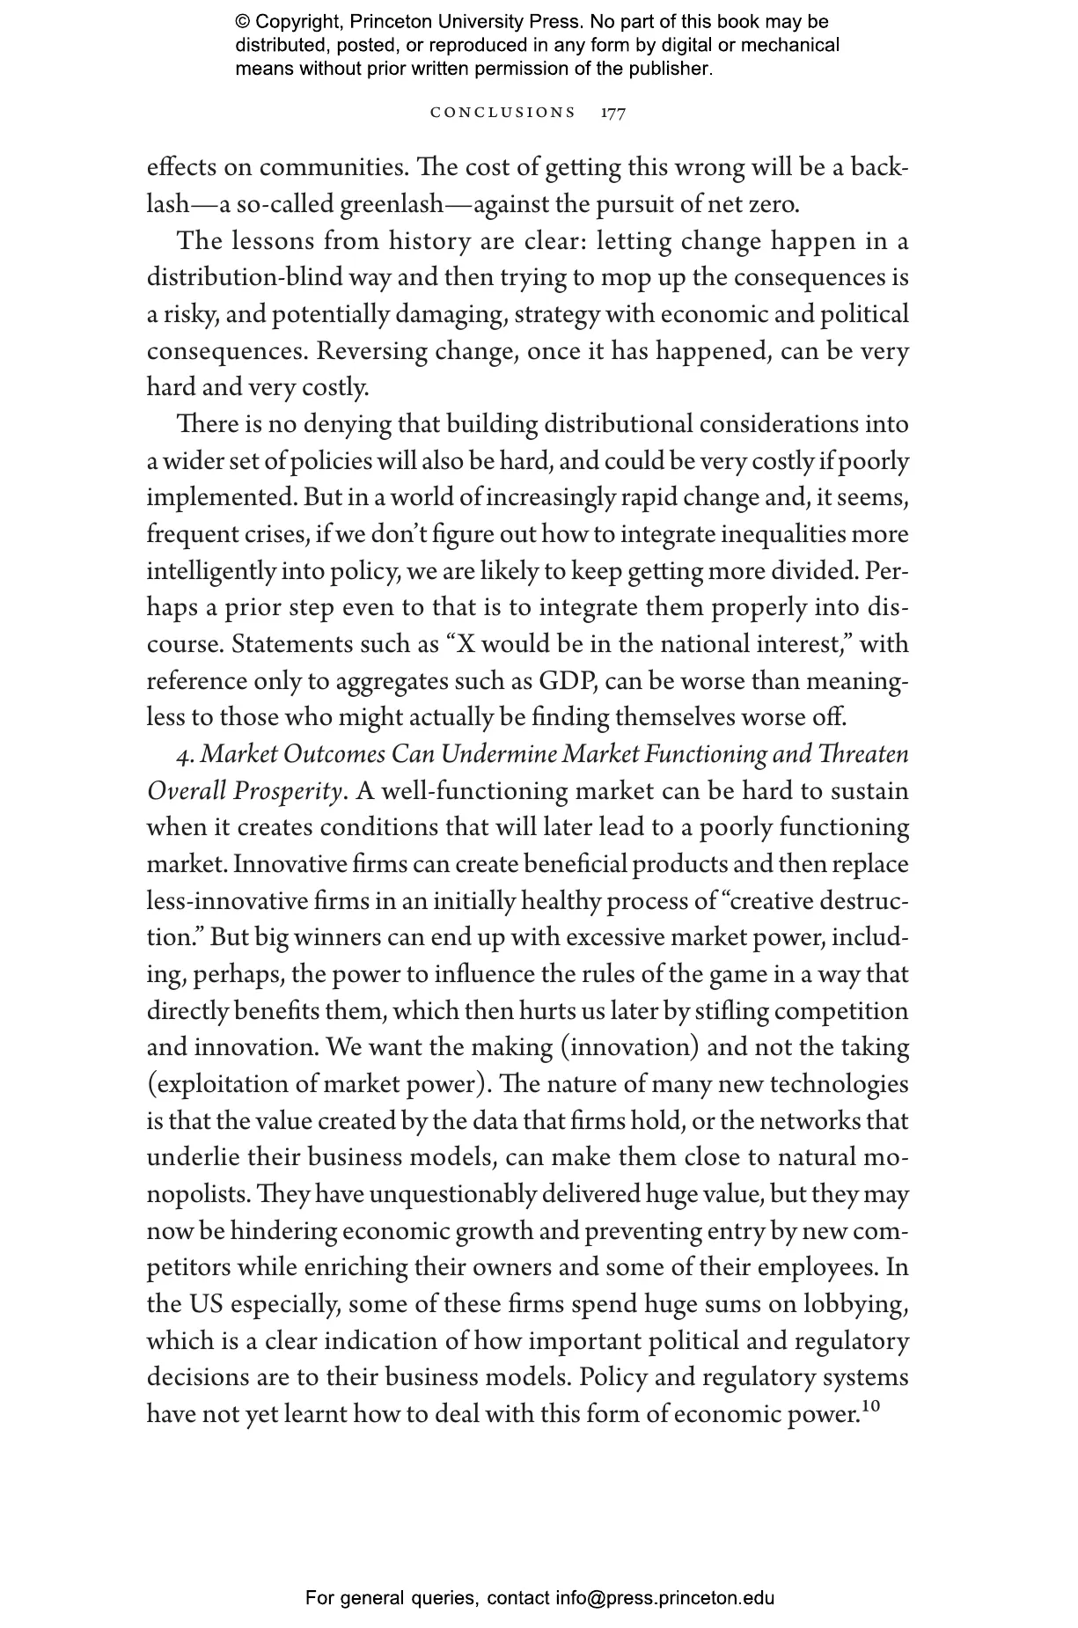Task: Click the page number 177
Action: (613, 113)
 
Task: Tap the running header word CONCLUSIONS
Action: (502, 113)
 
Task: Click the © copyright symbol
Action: (242, 23)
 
